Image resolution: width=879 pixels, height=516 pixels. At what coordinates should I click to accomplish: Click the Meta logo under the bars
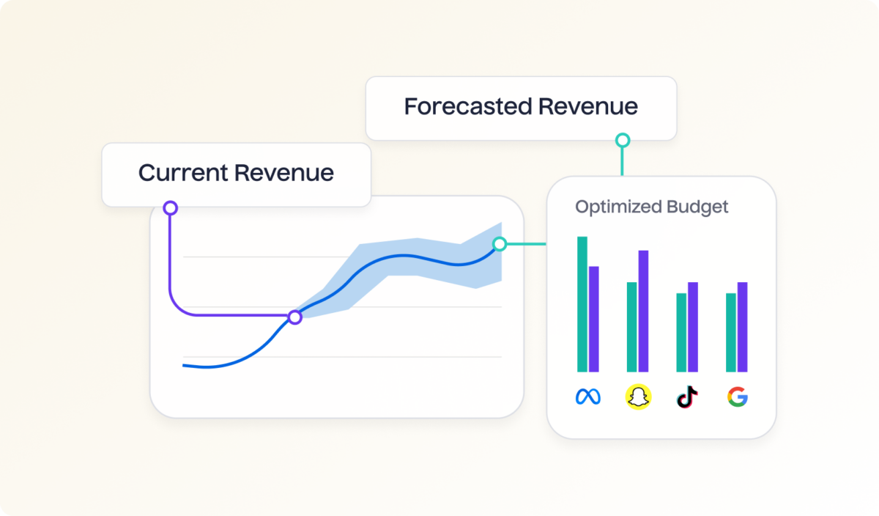point(587,397)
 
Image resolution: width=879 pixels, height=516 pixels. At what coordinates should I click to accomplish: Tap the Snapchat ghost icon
point(638,397)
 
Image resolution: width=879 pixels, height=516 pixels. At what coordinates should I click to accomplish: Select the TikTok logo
point(687,397)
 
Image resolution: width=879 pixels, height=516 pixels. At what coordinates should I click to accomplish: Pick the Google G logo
point(737,397)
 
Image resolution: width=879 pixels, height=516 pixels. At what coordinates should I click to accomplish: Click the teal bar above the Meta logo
point(582,304)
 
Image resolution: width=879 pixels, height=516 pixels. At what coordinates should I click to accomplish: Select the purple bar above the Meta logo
point(594,319)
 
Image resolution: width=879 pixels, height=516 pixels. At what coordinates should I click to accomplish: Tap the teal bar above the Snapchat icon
point(631,327)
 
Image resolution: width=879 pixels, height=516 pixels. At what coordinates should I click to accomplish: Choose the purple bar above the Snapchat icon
point(644,311)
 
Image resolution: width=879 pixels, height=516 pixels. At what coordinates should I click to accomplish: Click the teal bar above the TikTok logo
point(681,332)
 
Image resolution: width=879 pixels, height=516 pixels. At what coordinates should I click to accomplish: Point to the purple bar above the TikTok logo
point(693,327)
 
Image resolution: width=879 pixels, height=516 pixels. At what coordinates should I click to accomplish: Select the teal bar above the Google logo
point(730,332)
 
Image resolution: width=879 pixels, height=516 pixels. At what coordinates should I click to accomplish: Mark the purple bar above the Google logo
point(742,327)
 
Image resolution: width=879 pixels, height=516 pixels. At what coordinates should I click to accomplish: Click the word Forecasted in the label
point(467,107)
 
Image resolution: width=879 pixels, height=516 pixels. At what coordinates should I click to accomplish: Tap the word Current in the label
point(182,174)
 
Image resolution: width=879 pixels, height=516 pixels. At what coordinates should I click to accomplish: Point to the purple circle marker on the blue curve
point(294,317)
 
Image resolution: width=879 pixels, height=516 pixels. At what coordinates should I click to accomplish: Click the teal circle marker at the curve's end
point(500,244)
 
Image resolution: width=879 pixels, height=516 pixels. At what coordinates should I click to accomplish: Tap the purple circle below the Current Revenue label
point(170,208)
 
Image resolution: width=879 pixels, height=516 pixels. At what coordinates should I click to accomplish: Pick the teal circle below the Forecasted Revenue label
point(622,140)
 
